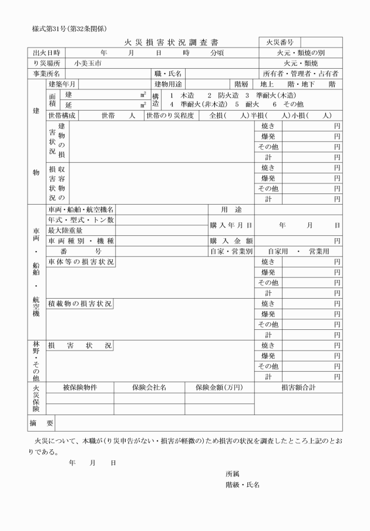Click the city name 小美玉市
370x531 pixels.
pos(88,63)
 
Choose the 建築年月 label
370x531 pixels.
pos(62,84)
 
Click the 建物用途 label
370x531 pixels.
pos(169,84)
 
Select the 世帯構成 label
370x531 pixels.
pos(62,115)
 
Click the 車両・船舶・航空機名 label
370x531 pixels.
pos(81,209)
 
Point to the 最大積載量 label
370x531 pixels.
pos(65,231)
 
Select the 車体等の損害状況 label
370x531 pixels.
pos(81,262)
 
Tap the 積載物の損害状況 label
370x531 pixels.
pos(80,304)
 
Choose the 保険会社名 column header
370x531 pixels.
pos(149,387)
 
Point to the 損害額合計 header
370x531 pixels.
pos(298,387)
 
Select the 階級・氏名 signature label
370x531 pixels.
pos(243,485)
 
